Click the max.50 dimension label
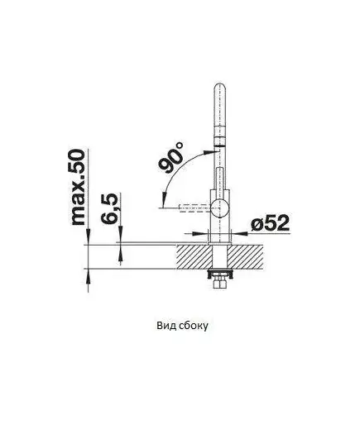[x=79, y=187]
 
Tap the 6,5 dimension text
[x=110, y=208]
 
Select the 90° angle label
[x=171, y=157]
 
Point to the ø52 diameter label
[x=270, y=222]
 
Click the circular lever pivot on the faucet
[x=219, y=208]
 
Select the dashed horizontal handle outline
[x=195, y=208]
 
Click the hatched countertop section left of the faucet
[x=194, y=256]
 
